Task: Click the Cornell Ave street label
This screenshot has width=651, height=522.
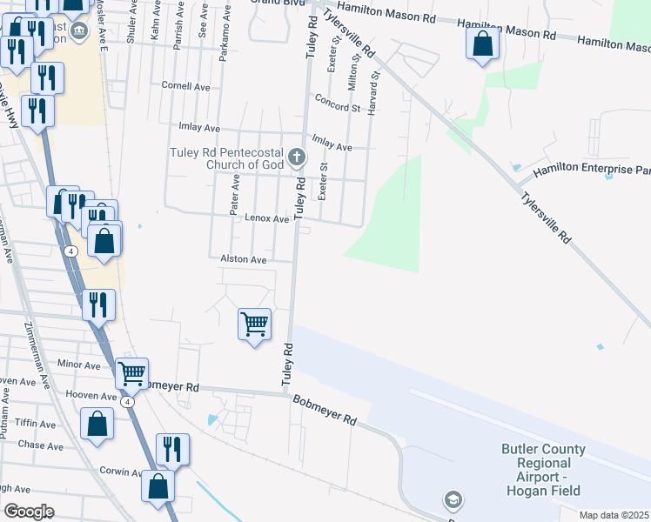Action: [x=186, y=86]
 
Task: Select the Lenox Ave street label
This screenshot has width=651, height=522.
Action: [x=266, y=219]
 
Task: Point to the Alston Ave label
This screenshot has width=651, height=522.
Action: [x=243, y=259]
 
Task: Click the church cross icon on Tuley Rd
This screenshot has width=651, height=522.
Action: [x=298, y=157]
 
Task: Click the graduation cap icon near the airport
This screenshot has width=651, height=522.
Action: [x=453, y=500]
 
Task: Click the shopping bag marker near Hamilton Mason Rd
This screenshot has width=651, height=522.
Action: [x=482, y=43]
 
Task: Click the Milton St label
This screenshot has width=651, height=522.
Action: [x=354, y=74]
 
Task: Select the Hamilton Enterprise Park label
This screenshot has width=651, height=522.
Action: [x=592, y=171]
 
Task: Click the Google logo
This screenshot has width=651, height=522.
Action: [x=29, y=512]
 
